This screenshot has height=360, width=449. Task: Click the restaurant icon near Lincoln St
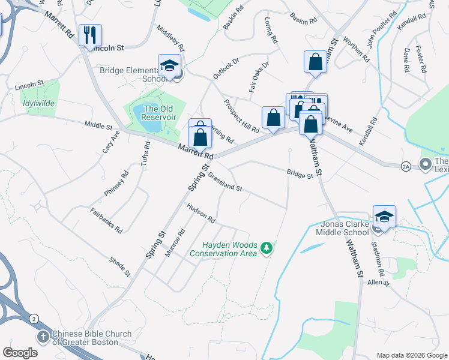point(90,34)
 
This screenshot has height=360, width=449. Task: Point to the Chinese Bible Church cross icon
point(43,337)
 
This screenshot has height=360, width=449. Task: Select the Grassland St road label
point(224,183)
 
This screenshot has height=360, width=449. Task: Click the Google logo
point(20,353)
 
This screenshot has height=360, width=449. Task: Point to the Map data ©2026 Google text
point(412,355)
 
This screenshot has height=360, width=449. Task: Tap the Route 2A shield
point(406,166)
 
